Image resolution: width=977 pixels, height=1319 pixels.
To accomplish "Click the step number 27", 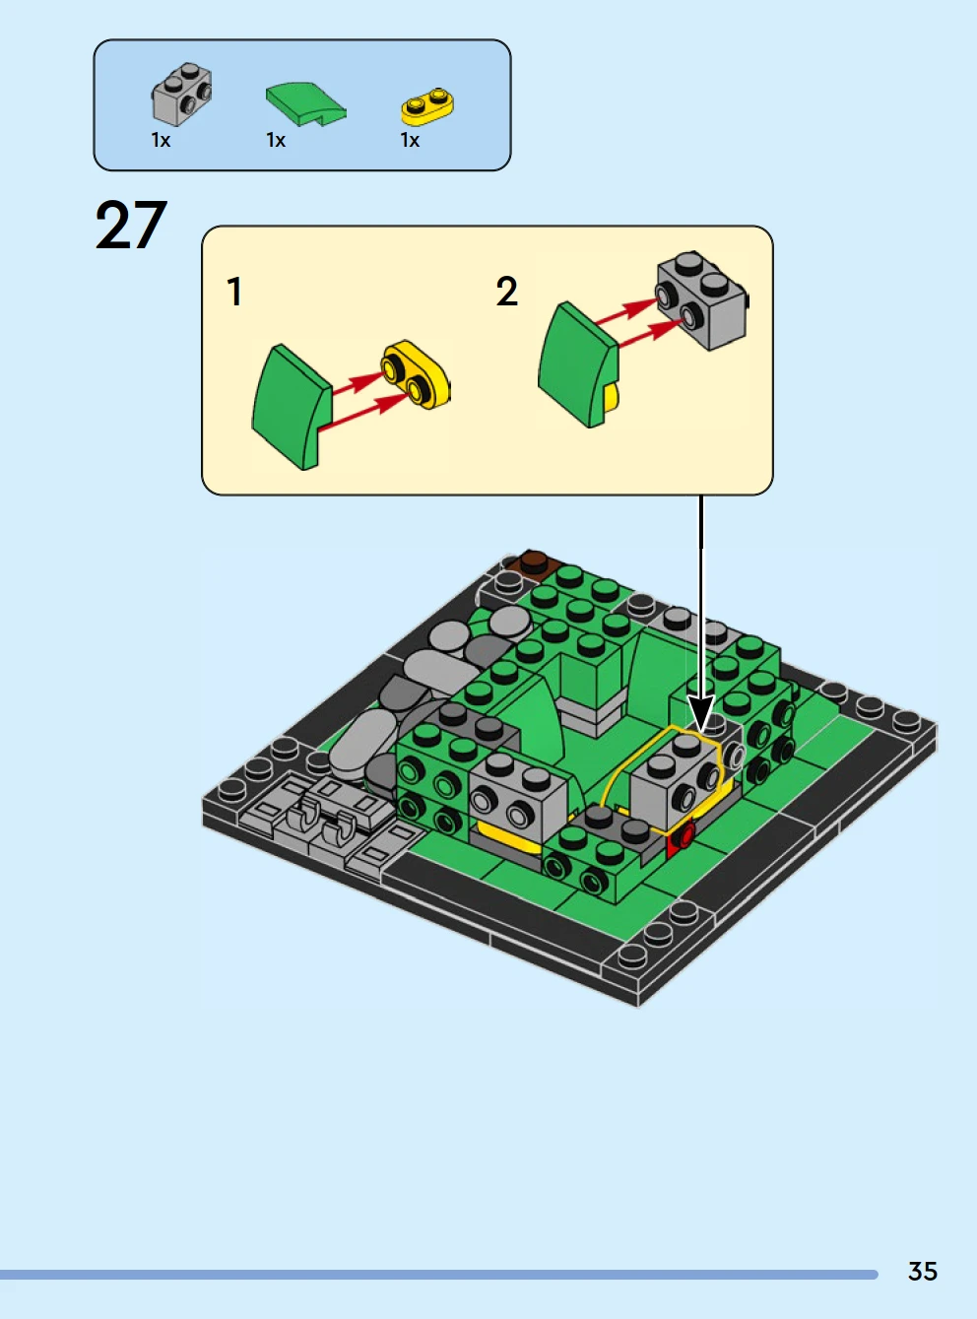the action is click(131, 226).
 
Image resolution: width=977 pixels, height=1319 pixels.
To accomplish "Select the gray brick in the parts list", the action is click(182, 94).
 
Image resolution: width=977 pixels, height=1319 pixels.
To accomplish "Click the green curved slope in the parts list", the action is click(305, 103).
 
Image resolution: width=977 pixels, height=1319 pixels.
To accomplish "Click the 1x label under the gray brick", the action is click(161, 140).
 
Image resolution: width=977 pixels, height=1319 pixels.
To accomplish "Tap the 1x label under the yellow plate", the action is click(410, 140).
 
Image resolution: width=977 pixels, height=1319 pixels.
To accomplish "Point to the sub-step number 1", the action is click(234, 292).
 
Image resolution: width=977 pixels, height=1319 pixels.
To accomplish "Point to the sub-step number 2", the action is click(506, 292).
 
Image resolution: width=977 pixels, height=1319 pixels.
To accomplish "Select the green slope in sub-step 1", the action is click(292, 408).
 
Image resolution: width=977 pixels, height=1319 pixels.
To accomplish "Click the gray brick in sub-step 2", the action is click(701, 300).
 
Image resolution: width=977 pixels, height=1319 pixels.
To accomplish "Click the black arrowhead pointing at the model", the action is click(701, 712).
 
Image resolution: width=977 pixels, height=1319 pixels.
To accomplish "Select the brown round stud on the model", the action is click(534, 561).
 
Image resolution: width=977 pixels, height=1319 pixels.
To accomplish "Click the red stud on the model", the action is click(684, 836).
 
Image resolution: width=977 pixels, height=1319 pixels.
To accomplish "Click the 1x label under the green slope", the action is click(276, 140).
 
